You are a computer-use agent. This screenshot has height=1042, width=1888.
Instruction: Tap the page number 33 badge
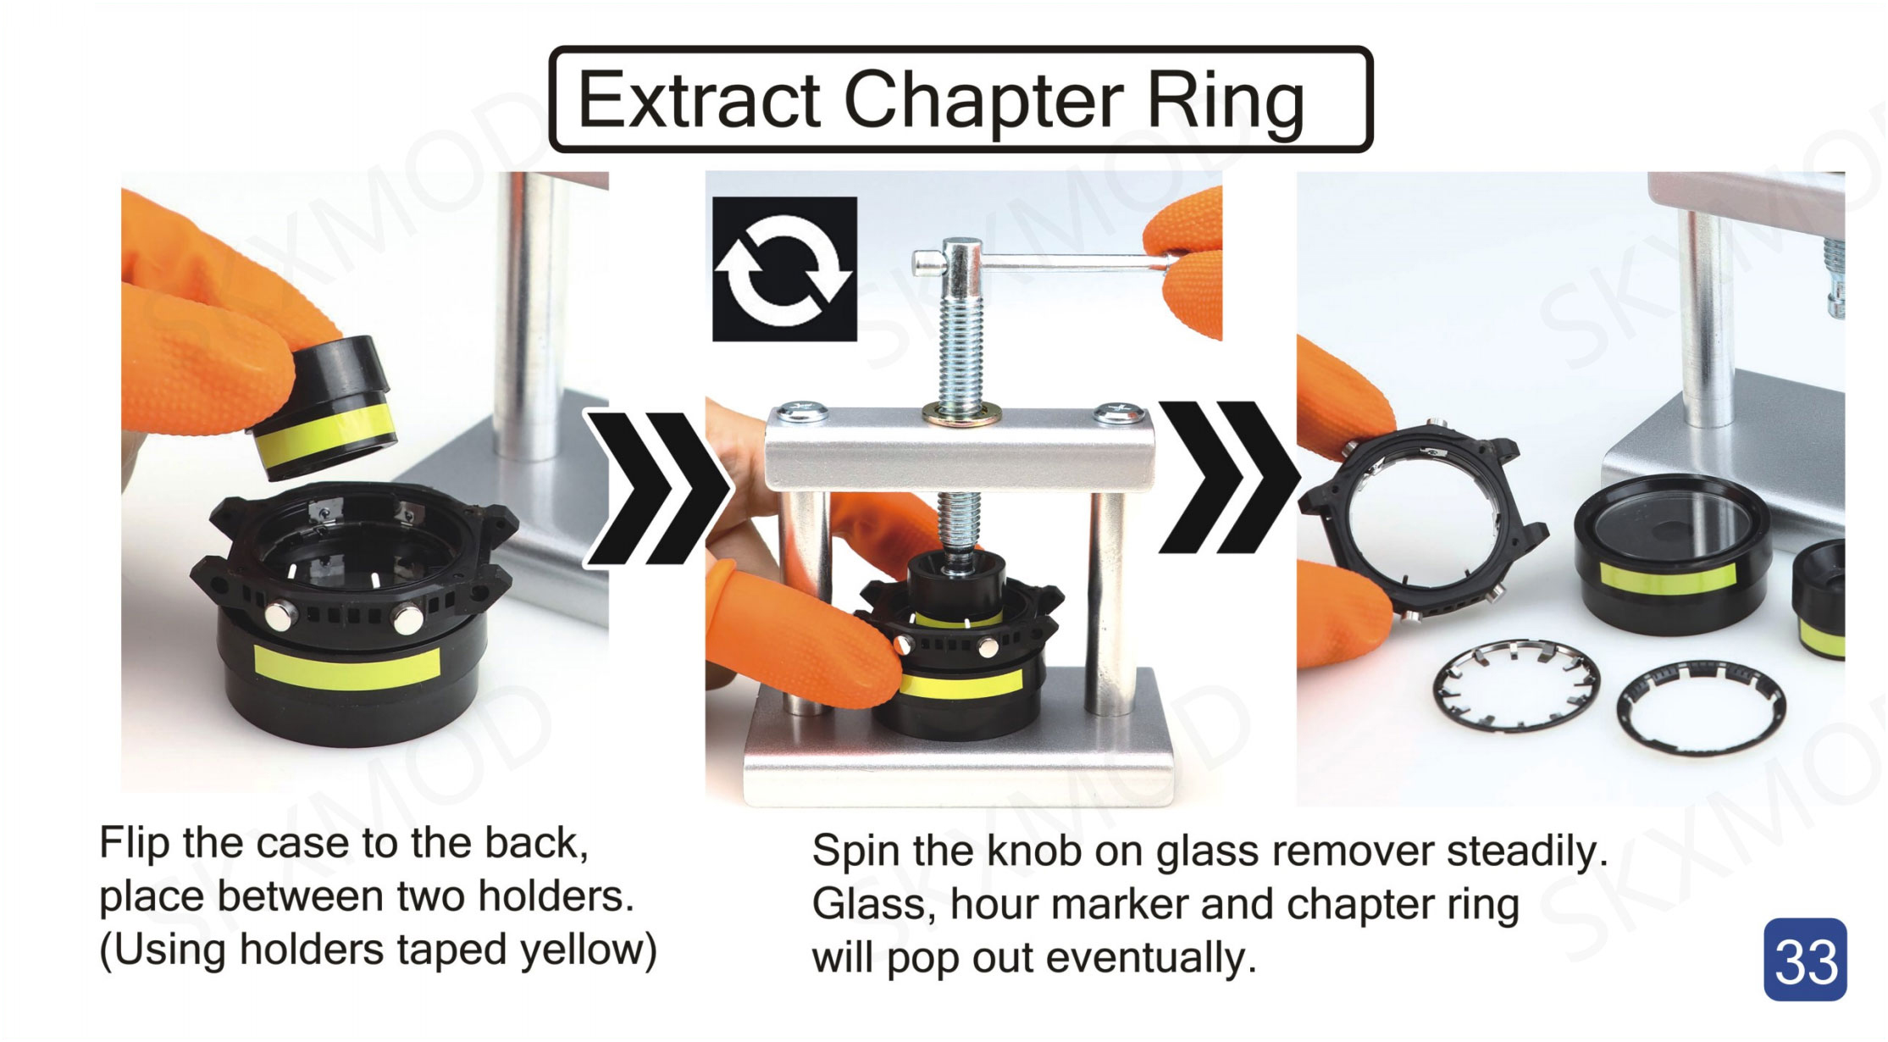(x=1805, y=960)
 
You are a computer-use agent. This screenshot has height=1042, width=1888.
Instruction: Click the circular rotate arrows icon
(x=784, y=269)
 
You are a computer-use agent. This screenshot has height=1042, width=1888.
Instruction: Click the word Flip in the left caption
(x=135, y=843)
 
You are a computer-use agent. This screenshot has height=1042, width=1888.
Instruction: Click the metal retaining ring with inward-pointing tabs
(x=1516, y=685)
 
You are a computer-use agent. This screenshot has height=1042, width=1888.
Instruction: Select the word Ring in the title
(x=1226, y=102)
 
